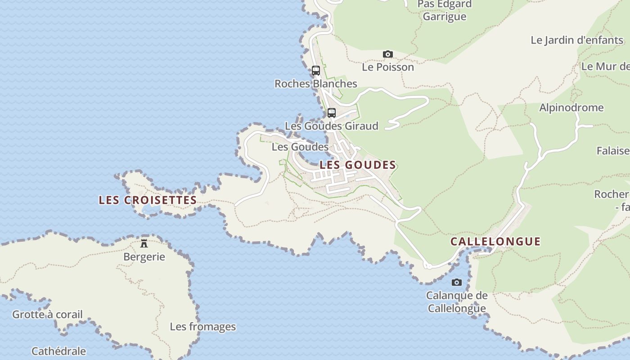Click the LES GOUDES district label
pos(358,165)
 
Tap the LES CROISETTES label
pos(148,200)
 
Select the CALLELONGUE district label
pos(495,241)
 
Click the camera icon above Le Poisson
pos(387,54)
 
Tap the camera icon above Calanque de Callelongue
pos(457,283)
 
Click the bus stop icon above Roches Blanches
pos(316,71)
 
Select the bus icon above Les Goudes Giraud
pos(332,113)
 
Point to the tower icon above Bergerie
pos(144,243)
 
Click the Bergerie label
pos(144,257)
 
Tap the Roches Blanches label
pos(316,84)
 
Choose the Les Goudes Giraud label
pos(332,126)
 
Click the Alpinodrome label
pos(571,108)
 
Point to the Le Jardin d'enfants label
pos(577,40)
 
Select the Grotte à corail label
pos(47,314)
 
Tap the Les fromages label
pos(202,327)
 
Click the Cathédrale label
pos(58,351)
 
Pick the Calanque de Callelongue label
pos(457,302)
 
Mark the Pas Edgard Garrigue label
pos(445,10)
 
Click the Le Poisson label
pos(388,67)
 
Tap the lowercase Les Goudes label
pos(300,147)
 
